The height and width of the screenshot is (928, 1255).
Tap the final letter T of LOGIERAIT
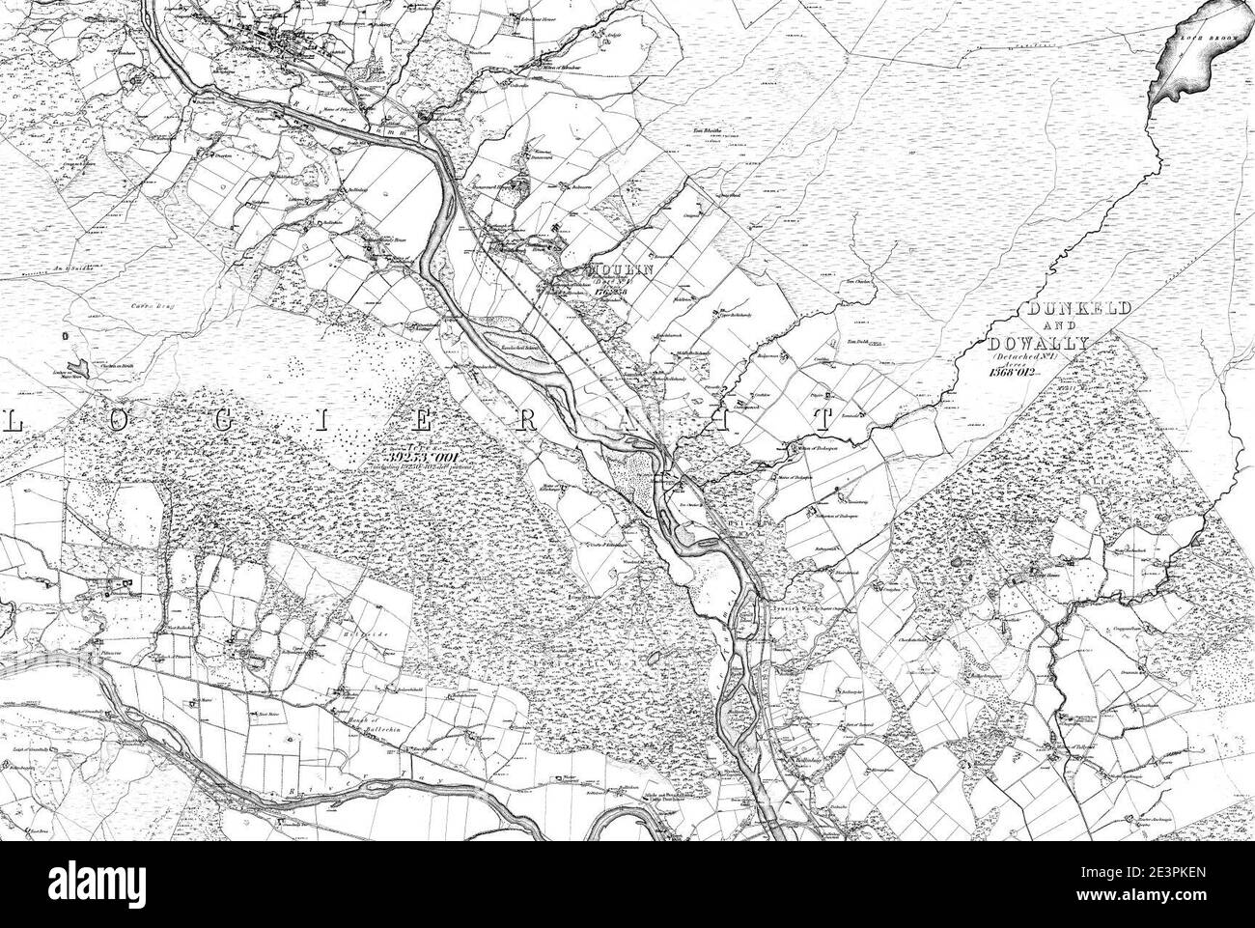point(823,419)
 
